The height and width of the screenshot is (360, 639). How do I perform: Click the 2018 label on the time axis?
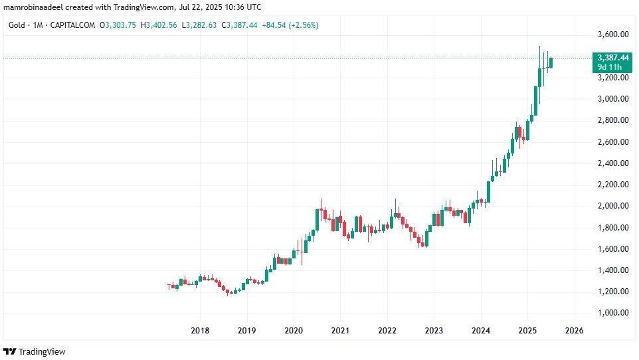[x=200, y=330]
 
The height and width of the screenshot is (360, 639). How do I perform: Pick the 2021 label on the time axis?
[x=340, y=330]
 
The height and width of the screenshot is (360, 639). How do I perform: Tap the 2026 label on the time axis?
[x=574, y=330]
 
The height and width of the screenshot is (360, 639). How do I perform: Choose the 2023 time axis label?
[x=434, y=330]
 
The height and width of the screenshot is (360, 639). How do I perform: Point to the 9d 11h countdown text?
[x=609, y=67]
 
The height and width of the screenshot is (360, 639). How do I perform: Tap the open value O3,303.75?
[x=117, y=25]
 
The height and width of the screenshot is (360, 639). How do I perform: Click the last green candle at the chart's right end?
[x=551, y=62]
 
